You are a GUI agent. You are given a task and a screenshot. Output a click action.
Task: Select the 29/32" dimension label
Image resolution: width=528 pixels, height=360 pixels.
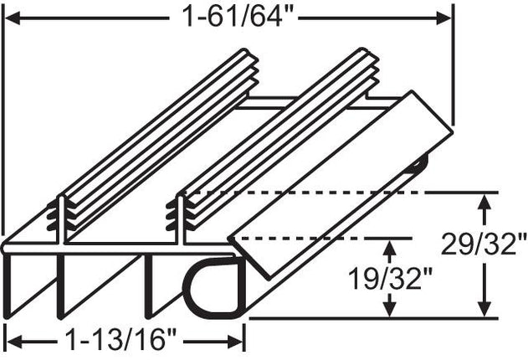pos(484,244)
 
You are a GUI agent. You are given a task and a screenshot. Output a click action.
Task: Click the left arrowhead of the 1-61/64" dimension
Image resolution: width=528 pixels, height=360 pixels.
pos(12,16)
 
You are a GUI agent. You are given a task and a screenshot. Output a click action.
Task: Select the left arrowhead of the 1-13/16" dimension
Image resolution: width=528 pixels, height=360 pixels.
pos(12,342)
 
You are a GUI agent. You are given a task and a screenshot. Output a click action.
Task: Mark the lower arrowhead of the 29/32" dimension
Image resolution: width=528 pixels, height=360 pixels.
pos(484,311)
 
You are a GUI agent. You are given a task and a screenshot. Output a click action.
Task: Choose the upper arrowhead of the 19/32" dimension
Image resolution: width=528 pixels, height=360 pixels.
pos(387,244)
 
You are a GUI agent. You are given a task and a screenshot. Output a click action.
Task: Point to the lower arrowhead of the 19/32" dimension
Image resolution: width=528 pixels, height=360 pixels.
pos(387,311)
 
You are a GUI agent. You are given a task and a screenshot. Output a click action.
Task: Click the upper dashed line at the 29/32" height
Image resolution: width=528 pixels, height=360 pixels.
pos(335,192)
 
